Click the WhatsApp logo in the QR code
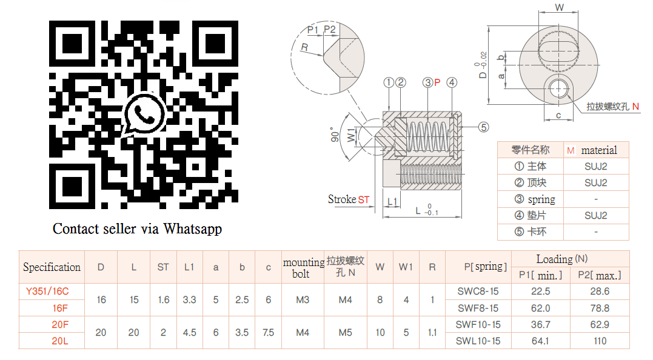tap(144, 113)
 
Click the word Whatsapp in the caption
tap(193, 229)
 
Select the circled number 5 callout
tap(483, 127)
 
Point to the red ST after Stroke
tap(363, 199)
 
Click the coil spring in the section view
tap(427, 136)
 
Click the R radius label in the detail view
tap(304, 47)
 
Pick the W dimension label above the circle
tap(560, 8)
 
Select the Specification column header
tap(52, 267)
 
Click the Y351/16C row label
tap(47, 292)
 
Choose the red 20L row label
tap(59, 341)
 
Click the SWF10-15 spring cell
tap(478, 325)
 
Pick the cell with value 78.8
tap(600, 308)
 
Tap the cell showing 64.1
tap(540, 341)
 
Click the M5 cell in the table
tap(345, 333)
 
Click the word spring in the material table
tap(541, 199)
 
